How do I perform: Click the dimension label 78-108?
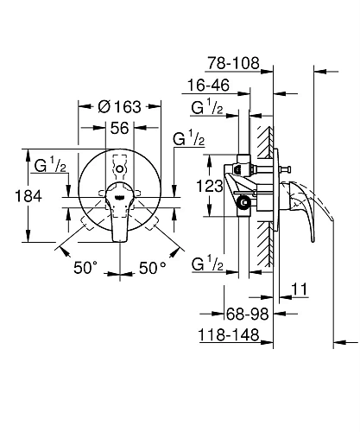point(233,63)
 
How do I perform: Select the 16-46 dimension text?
point(209,85)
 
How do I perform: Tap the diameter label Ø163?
point(119,106)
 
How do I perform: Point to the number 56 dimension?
point(120,128)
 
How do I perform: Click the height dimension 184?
point(28,196)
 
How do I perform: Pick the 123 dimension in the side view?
point(210,186)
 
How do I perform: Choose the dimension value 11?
point(300,289)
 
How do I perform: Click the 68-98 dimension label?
point(248,314)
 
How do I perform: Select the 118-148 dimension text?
point(229,335)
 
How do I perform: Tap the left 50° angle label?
point(85,268)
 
